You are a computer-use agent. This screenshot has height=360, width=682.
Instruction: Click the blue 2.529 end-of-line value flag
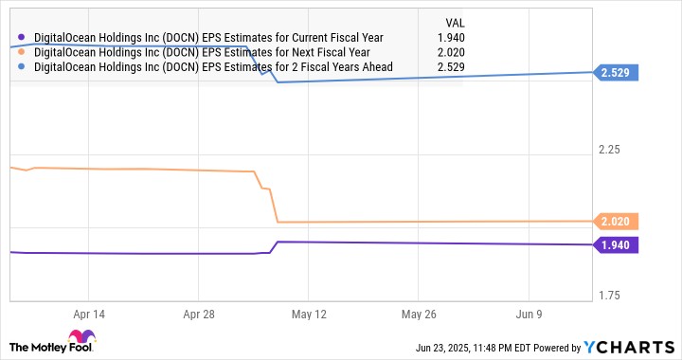[616, 73]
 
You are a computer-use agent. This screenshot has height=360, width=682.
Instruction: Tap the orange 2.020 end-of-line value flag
[616, 222]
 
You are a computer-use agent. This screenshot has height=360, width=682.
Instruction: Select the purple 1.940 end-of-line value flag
[616, 245]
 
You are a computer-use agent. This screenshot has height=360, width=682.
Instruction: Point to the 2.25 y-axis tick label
[609, 150]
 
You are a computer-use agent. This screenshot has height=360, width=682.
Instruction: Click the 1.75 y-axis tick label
[609, 296]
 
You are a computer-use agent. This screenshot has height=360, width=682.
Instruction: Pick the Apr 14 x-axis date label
[89, 315]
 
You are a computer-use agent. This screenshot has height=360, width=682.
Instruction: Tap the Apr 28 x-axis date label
[199, 315]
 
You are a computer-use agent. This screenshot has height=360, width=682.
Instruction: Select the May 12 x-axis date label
[309, 315]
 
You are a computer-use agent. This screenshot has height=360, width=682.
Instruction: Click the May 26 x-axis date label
[419, 315]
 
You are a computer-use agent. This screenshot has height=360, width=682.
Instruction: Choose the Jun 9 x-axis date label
[529, 315]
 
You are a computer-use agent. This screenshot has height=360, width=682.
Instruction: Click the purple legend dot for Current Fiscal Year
[21, 37]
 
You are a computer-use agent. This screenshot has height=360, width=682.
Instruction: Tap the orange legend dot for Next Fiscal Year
[21, 52]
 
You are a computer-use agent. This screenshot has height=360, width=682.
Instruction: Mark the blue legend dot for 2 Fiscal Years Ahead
[21, 67]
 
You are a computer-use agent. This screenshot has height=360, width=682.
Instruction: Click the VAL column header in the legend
[455, 23]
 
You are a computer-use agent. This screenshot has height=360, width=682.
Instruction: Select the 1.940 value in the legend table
[451, 38]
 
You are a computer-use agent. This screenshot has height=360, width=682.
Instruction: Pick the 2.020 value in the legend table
[451, 53]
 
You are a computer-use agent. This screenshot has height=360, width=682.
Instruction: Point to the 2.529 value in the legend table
[451, 67]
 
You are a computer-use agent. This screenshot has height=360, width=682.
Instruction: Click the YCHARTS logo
[629, 347]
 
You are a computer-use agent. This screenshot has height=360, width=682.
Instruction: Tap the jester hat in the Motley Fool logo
[81, 336]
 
